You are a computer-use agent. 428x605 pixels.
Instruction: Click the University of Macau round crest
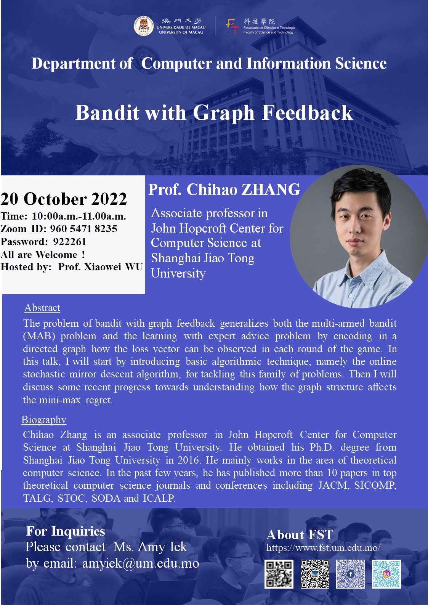(x=144, y=26)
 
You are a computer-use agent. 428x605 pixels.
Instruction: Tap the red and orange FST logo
(x=232, y=26)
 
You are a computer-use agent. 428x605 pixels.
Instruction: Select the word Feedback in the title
(x=307, y=112)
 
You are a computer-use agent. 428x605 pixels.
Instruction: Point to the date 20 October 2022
(x=64, y=199)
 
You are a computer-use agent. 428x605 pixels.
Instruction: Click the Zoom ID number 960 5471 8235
(x=84, y=229)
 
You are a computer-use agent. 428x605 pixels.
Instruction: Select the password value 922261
(x=70, y=241)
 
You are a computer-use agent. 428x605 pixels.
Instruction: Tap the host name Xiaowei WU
(x=114, y=267)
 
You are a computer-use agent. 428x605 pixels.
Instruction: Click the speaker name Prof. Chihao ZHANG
(x=224, y=189)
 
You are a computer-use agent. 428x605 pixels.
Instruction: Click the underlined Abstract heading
(x=42, y=308)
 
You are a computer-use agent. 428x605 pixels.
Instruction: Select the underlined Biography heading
(x=44, y=420)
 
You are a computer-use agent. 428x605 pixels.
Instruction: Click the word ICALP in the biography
(x=159, y=498)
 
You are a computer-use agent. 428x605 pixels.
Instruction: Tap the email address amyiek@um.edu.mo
(x=141, y=563)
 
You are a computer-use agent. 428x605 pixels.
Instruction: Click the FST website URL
(x=324, y=547)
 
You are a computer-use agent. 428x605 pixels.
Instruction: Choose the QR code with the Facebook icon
(x=351, y=574)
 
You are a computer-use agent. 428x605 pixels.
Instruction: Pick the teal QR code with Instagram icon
(x=386, y=574)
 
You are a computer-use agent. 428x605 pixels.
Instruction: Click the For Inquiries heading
(x=66, y=531)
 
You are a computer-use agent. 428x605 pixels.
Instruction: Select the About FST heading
(x=300, y=535)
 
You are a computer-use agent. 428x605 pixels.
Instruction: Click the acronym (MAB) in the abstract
(x=39, y=336)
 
